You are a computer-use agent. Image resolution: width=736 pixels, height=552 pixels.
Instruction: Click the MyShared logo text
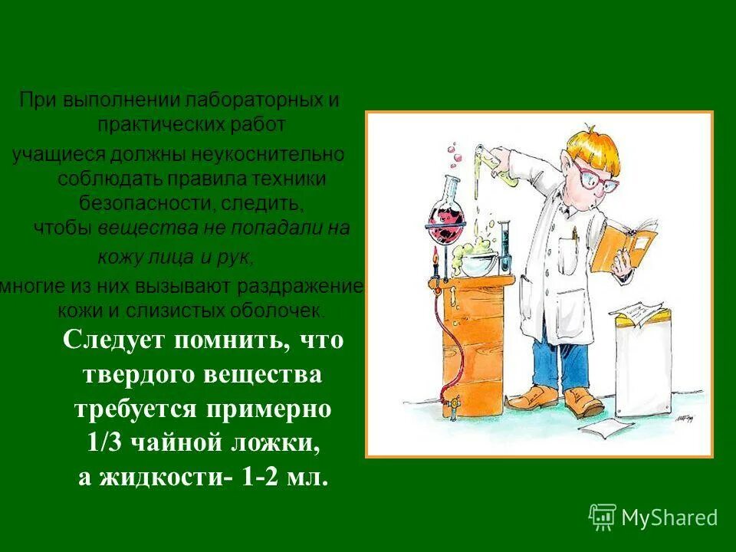(669, 518)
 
